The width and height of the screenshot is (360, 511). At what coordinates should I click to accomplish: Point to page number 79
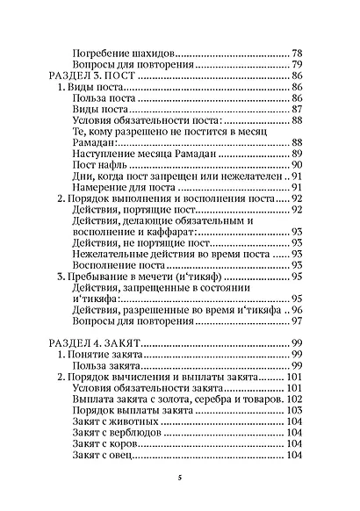297,65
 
